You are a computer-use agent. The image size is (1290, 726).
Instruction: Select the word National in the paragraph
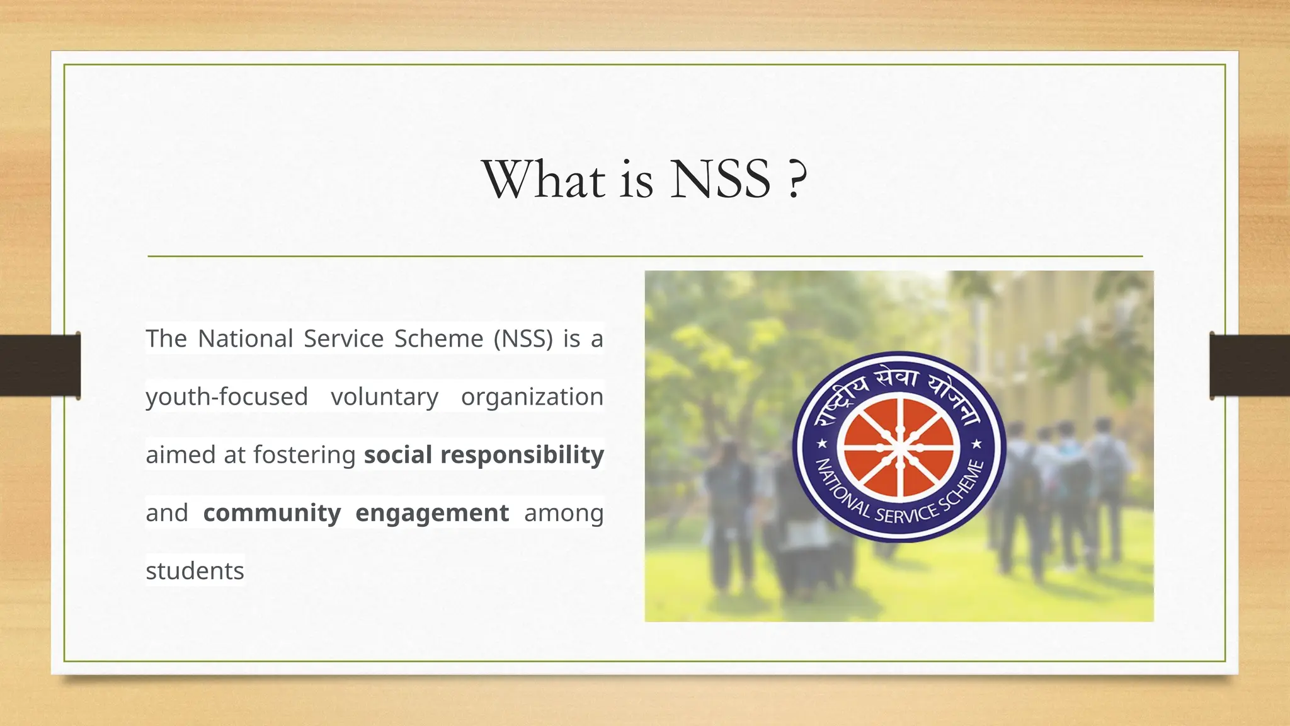pyautogui.click(x=246, y=339)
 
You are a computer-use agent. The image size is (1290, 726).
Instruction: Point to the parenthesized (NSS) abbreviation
pyautogui.click(x=523, y=339)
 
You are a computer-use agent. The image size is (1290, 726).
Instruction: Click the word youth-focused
pyautogui.click(x=227, y=397)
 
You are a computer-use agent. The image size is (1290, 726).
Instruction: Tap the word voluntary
pyautogui.click(x=384, y=397)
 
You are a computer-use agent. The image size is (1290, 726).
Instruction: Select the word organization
pyautogui.click(x=532, y=397)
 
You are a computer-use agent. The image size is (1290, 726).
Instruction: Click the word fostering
pyautogui.click(x=304, y=455)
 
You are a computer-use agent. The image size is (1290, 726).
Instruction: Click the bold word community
pyautogui.click(x=271, y=513)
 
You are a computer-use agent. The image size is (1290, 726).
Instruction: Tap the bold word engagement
pyautogui.click(x=431, y=513)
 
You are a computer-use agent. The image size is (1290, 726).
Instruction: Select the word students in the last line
pyautogui.click(x=195, y=571)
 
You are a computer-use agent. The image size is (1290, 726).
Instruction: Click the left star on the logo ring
pyautogui.click(x=822, y=444)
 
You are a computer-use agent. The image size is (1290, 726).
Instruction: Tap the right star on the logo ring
pyautogui.click(x=976, y=444)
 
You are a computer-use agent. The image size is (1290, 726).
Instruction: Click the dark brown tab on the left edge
pyautogui.click(x=39, y=366)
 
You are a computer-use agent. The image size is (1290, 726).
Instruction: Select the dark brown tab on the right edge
pyautogui.click(x=1250, y=366)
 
